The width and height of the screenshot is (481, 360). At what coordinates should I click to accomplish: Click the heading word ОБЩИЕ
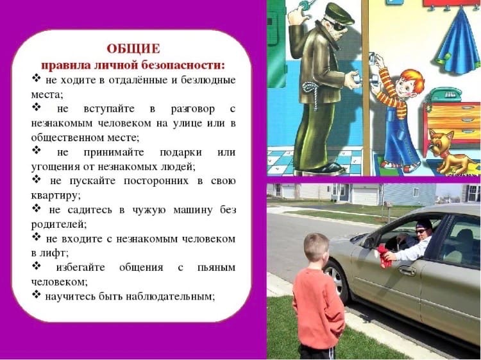(x=133, y=49)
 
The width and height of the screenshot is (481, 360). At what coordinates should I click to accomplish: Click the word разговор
(x=193, y=109)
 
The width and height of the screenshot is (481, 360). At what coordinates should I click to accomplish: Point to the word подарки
(x=181, y=153)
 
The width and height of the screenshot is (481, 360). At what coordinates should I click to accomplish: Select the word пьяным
(x=217, y=268)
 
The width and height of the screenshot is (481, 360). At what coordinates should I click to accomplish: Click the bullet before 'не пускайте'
(x=36, y=179)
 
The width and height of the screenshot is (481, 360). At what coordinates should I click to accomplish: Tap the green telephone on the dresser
(x=446, y=94)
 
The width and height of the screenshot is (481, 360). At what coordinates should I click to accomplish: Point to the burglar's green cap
(x=339, y=13)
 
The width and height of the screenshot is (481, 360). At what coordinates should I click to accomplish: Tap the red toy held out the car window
(x=383, y=256)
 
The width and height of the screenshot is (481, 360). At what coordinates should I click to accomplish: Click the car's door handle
(x=407, y=270)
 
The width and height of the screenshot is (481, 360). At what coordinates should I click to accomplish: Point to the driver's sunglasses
(x=421, y=231)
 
